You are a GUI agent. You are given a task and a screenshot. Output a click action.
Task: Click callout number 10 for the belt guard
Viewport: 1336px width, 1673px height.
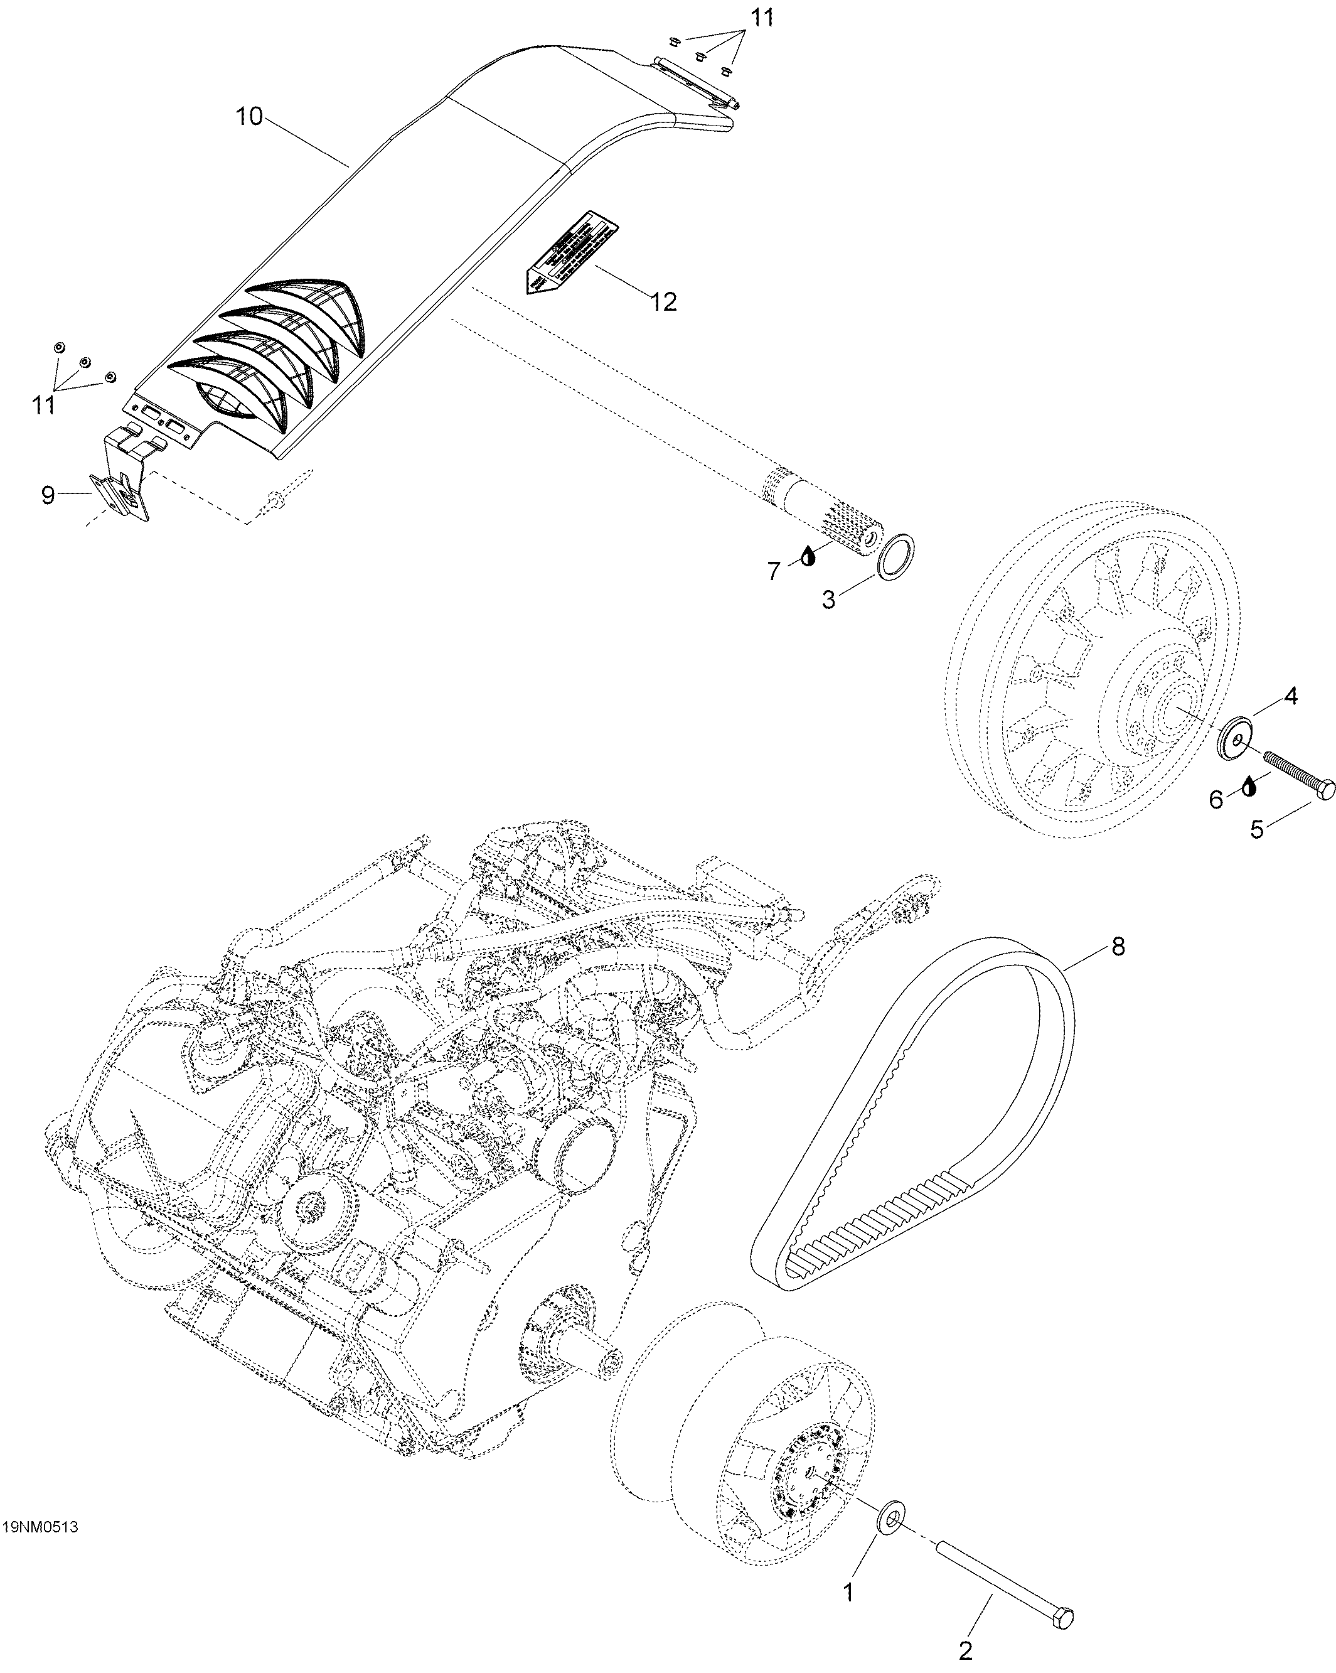coord(250,117)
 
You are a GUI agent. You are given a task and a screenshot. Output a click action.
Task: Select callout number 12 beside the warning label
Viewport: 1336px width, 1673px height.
coord(663,301)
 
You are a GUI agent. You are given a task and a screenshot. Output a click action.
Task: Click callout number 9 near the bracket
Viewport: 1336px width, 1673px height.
coord(48,495)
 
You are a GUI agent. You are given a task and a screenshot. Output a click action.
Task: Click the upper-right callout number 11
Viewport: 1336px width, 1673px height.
coord(762,18)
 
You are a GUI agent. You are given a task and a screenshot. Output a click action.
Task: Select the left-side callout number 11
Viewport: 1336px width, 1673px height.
coord(43,404)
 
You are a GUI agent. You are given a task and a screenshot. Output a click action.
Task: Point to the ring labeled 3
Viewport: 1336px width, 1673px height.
coord(897,556)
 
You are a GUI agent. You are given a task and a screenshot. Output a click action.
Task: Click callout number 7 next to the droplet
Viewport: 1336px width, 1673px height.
coord(774,571)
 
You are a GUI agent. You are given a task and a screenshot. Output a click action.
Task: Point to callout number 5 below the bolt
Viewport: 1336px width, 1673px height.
coord(1256,829)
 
